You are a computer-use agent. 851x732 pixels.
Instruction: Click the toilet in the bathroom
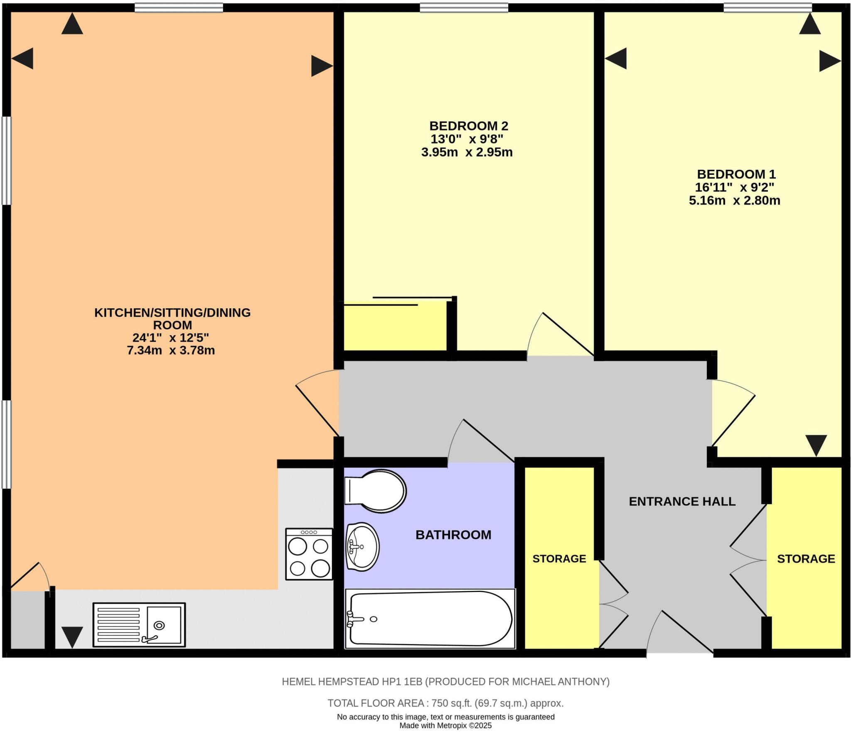[x=375, y=491]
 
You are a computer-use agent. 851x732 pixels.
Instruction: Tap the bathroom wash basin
[x=362, y=546]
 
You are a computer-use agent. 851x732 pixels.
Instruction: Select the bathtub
[x=430, y=619]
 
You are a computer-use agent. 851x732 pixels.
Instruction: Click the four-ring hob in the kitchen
[x=309, y=554]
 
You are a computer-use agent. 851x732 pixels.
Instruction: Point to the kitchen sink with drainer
[x=139, y=625]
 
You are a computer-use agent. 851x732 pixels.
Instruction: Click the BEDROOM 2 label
[x=468, y=125]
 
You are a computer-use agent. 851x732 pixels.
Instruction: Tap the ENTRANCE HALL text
[x=682, y=502]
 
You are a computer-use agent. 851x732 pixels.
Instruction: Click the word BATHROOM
[x=453, y=535]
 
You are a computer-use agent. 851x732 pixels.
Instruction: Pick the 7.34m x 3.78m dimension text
[x=171, y=350]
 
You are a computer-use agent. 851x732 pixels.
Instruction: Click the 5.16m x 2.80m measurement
[x=734, y=201]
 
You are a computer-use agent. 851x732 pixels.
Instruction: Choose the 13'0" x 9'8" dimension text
[x=467, y=139]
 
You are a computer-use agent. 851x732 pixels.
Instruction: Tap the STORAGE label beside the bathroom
[x=559, y=559]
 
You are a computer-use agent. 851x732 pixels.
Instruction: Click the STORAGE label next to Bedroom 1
[x=806, y=559]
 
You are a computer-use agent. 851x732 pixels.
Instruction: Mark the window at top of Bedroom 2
[x=464, y=7]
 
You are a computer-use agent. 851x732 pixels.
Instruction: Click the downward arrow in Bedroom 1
[x=816, y=445]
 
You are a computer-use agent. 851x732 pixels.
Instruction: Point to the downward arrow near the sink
[x=72, y=637]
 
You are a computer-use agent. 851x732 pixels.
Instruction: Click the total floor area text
[x=445, y=703]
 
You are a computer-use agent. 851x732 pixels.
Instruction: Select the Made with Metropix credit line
[x=445, y=726]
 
